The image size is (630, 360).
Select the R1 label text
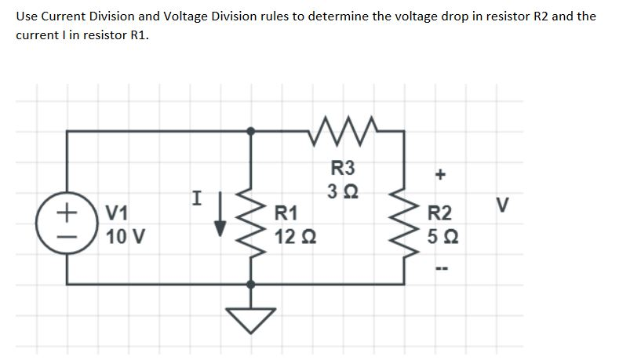[x=286, y=212]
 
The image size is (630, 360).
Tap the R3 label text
[x=343, y=167]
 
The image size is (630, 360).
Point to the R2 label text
[x=439, y=212]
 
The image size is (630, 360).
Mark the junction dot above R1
[x=251, y=132]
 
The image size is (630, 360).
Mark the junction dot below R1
[x=251, y=284]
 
